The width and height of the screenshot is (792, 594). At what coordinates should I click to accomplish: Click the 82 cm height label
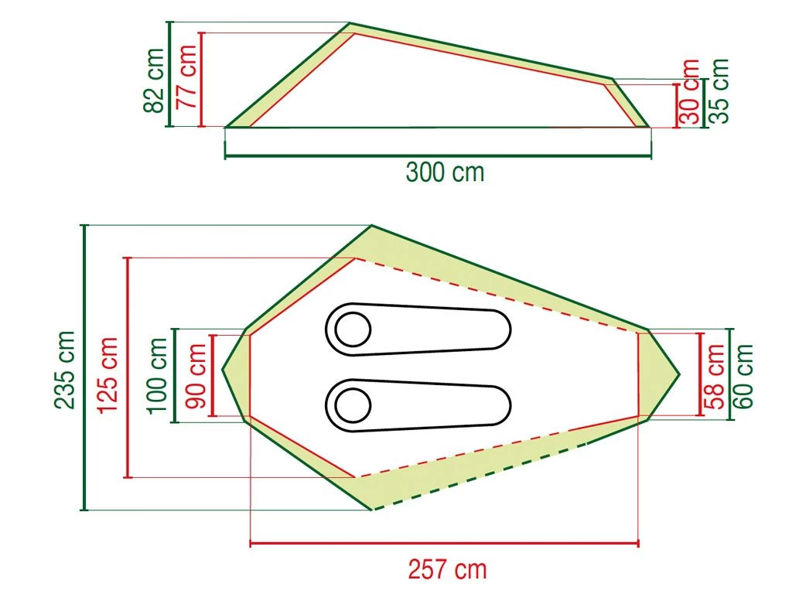pos(155,80)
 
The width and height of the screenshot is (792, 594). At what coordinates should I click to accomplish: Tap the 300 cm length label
pos(445,172)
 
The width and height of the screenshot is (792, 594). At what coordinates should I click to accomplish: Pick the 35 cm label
pos(719,91)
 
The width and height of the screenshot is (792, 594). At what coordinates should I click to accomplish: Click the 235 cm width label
pos(67,369)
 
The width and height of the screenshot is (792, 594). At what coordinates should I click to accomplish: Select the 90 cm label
pos(196,376)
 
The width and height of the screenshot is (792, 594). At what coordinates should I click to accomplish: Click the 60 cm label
pos(744,376)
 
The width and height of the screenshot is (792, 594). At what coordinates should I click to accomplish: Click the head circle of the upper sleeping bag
pos(353,329)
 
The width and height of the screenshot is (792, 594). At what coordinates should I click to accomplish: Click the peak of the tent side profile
pos(350,24)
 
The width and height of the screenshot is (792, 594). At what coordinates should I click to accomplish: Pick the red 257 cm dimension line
pos(445,544)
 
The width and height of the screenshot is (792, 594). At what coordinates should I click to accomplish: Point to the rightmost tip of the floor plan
pos(679,375)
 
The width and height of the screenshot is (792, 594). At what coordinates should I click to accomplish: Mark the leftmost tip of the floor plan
pos(223,369)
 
